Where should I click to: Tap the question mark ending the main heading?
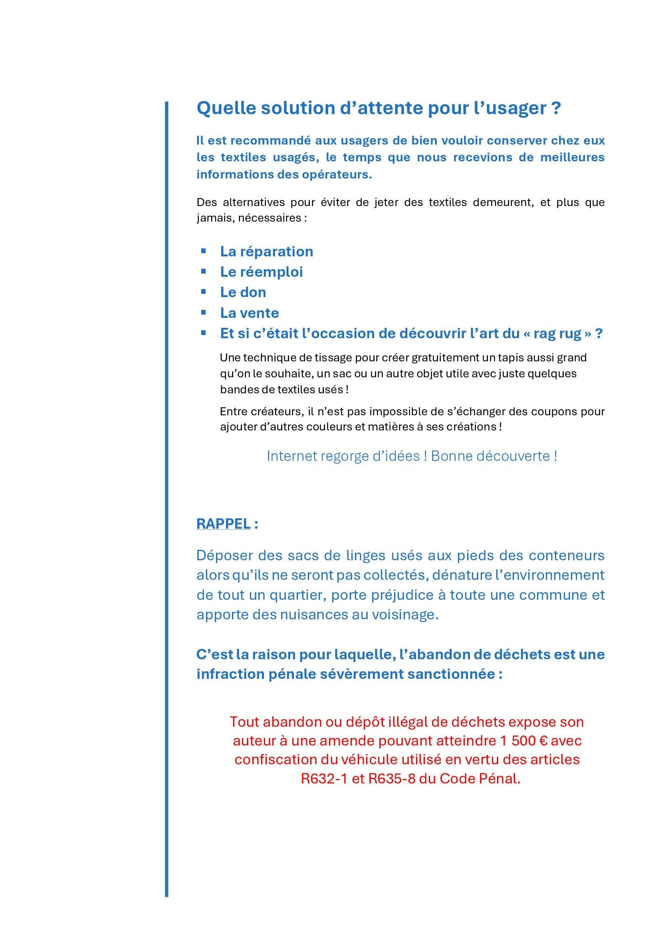point(556,108)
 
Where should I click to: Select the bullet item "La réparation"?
point(266,252)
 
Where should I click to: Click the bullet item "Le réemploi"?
point(261,272)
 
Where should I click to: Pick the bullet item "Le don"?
point(243,292)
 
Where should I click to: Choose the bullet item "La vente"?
point(249,313)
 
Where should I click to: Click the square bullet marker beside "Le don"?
point(203,292)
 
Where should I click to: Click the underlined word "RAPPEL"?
point(223,524)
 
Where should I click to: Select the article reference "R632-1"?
point(324,778)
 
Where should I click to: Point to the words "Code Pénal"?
point(479,778)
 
